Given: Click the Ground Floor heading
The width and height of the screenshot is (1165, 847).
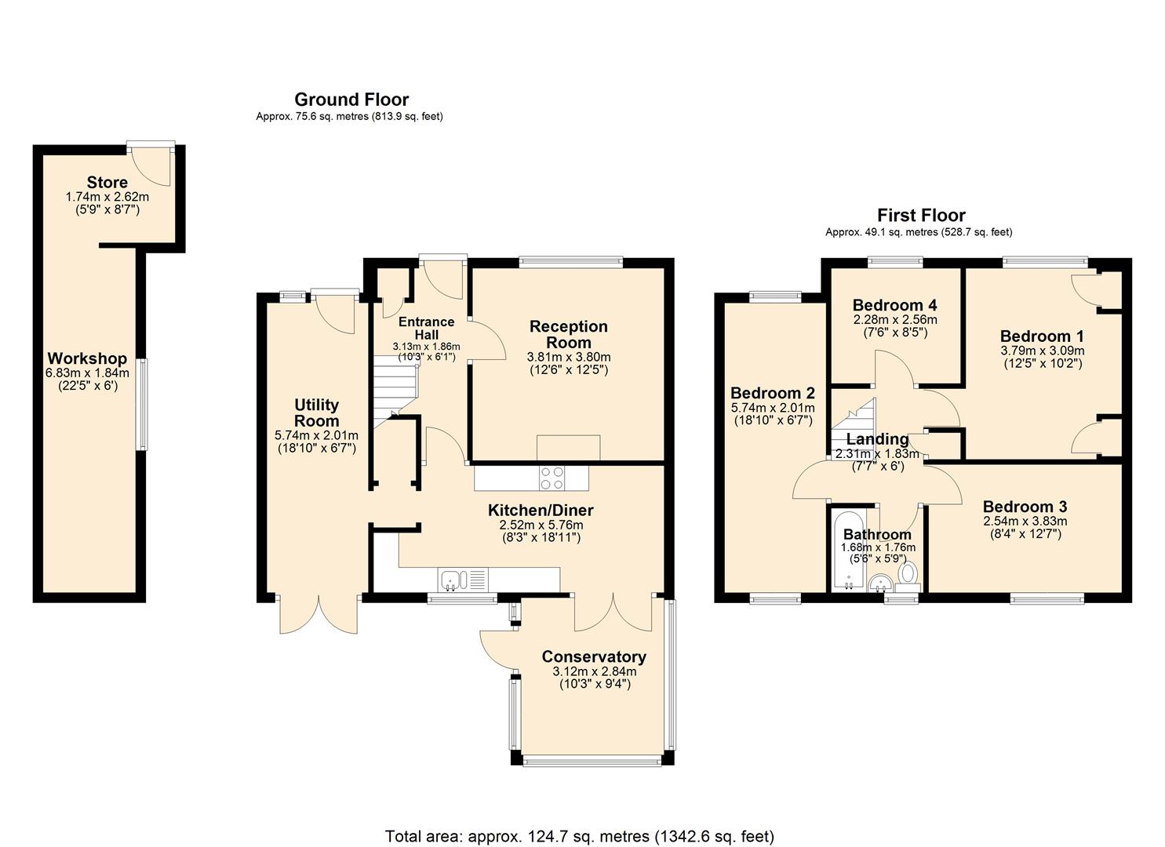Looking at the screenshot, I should [x=351, y=100].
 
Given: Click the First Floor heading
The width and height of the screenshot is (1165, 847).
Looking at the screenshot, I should [x=920, y=215].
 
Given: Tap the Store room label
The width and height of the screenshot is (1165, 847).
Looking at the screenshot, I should [x=107, y=183].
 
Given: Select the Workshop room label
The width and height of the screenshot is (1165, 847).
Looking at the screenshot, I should [x=87, y=358].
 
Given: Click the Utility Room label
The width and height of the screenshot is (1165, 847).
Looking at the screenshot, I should [x=316, y=413].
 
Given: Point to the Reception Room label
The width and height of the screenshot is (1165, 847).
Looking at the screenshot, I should [x=568, y=334].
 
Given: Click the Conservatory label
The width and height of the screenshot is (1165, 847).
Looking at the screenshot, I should [x=594, y=656].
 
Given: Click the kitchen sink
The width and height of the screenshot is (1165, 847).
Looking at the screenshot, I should [x=451, y=580].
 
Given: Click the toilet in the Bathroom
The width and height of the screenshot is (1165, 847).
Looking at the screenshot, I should [x=909, y=573].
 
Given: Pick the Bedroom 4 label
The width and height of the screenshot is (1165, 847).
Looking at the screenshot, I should [x=894, y=305].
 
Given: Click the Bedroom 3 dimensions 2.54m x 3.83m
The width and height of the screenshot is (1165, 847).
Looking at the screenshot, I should [x=1025, y=521].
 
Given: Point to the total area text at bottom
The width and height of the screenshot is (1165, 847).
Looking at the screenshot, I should [x=579, y=836].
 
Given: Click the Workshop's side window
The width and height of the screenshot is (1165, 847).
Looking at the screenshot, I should [x=141, y=404].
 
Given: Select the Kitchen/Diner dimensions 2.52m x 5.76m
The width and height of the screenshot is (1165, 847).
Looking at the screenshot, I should [x=541, y=525].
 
